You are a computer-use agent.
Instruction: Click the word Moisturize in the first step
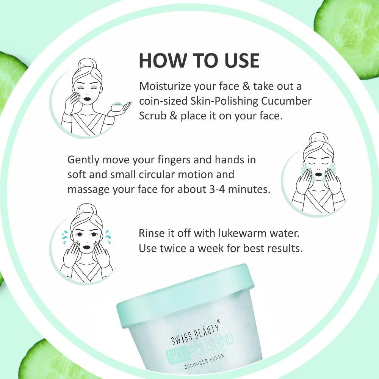[x=165, y=86]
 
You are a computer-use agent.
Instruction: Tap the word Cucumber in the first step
[x=286, y=101]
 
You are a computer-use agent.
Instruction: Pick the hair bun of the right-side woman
[x=319, y=139]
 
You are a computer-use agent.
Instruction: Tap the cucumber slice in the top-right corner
[x=349, y=36]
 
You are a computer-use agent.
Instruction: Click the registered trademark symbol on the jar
[x=219, y=321]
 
